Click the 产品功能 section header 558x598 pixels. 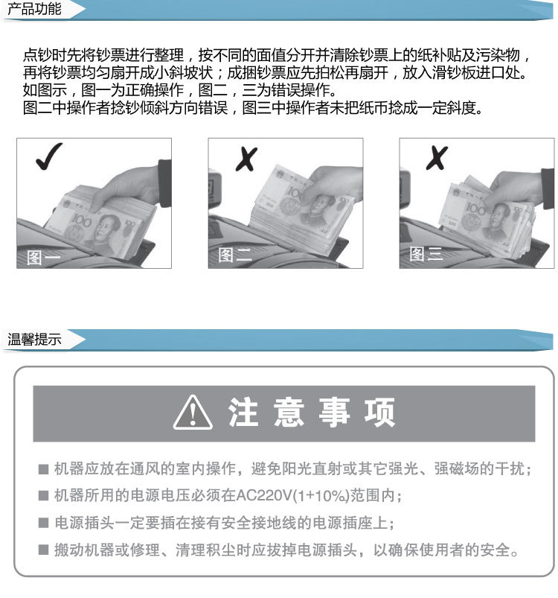[x=34, y=10]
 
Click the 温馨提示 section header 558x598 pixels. [x=34, y=340]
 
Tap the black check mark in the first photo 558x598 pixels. [x=48, y=158]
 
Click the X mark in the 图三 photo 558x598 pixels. [x=437, y=158]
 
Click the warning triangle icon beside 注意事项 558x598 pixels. [x=193, y=413]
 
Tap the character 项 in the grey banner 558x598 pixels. [x=380, y=413]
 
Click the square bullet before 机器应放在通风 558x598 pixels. [x=43, y=470]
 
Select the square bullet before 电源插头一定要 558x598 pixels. [x=43, y=524]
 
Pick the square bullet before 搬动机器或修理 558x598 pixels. [x=43, y=551]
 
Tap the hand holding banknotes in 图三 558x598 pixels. [x=513, y=186]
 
